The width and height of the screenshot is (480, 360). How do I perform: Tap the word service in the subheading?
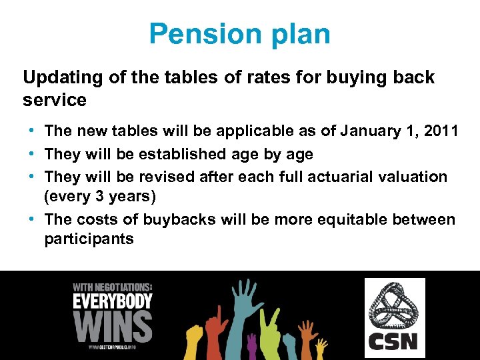(55, 100)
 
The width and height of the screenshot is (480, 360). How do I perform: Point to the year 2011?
(436, 131)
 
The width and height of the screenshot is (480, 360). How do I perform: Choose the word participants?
(89, 239)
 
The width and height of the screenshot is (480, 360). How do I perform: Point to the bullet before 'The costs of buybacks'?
(33, 219)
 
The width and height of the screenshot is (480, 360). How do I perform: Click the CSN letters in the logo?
(394, 341)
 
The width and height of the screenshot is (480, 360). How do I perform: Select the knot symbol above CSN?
(394, 306)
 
